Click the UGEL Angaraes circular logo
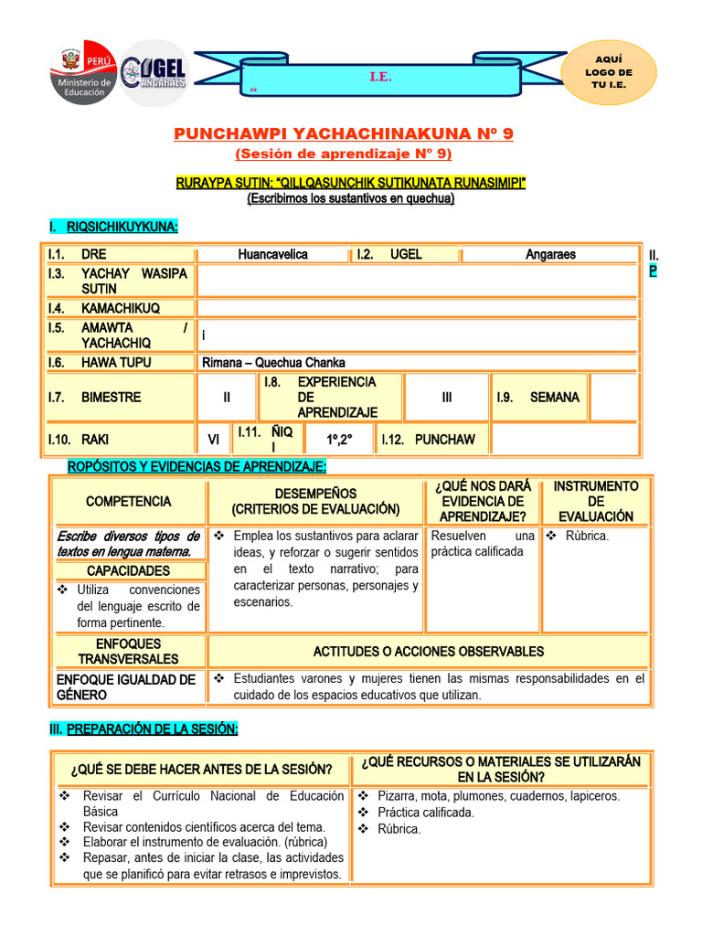(x=155, y=72)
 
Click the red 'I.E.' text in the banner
(x=380, y=78)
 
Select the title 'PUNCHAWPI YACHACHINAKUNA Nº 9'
(x=344, y=133)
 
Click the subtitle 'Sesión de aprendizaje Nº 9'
(x=344, y=153)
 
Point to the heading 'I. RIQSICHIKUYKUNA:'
(x=113, y=227)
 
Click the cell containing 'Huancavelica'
(x=272, y=254)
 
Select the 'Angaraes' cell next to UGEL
(x=550, y=254)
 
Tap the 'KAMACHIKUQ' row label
(x=120, y=309)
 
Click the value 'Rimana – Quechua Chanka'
(x=273, y=362)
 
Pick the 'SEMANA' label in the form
(x=554, y=398)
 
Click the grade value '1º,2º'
(x=339, y=440)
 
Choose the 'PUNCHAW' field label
(x=444, y=440)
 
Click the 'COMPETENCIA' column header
(x=128, y=501)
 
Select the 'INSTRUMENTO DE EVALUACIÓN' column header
(x=595, y=501)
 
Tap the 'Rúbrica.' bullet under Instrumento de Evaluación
(x=586, y=536)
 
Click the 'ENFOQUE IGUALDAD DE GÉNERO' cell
(x=126, y=687)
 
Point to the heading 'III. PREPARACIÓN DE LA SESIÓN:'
(x=143, y=729)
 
